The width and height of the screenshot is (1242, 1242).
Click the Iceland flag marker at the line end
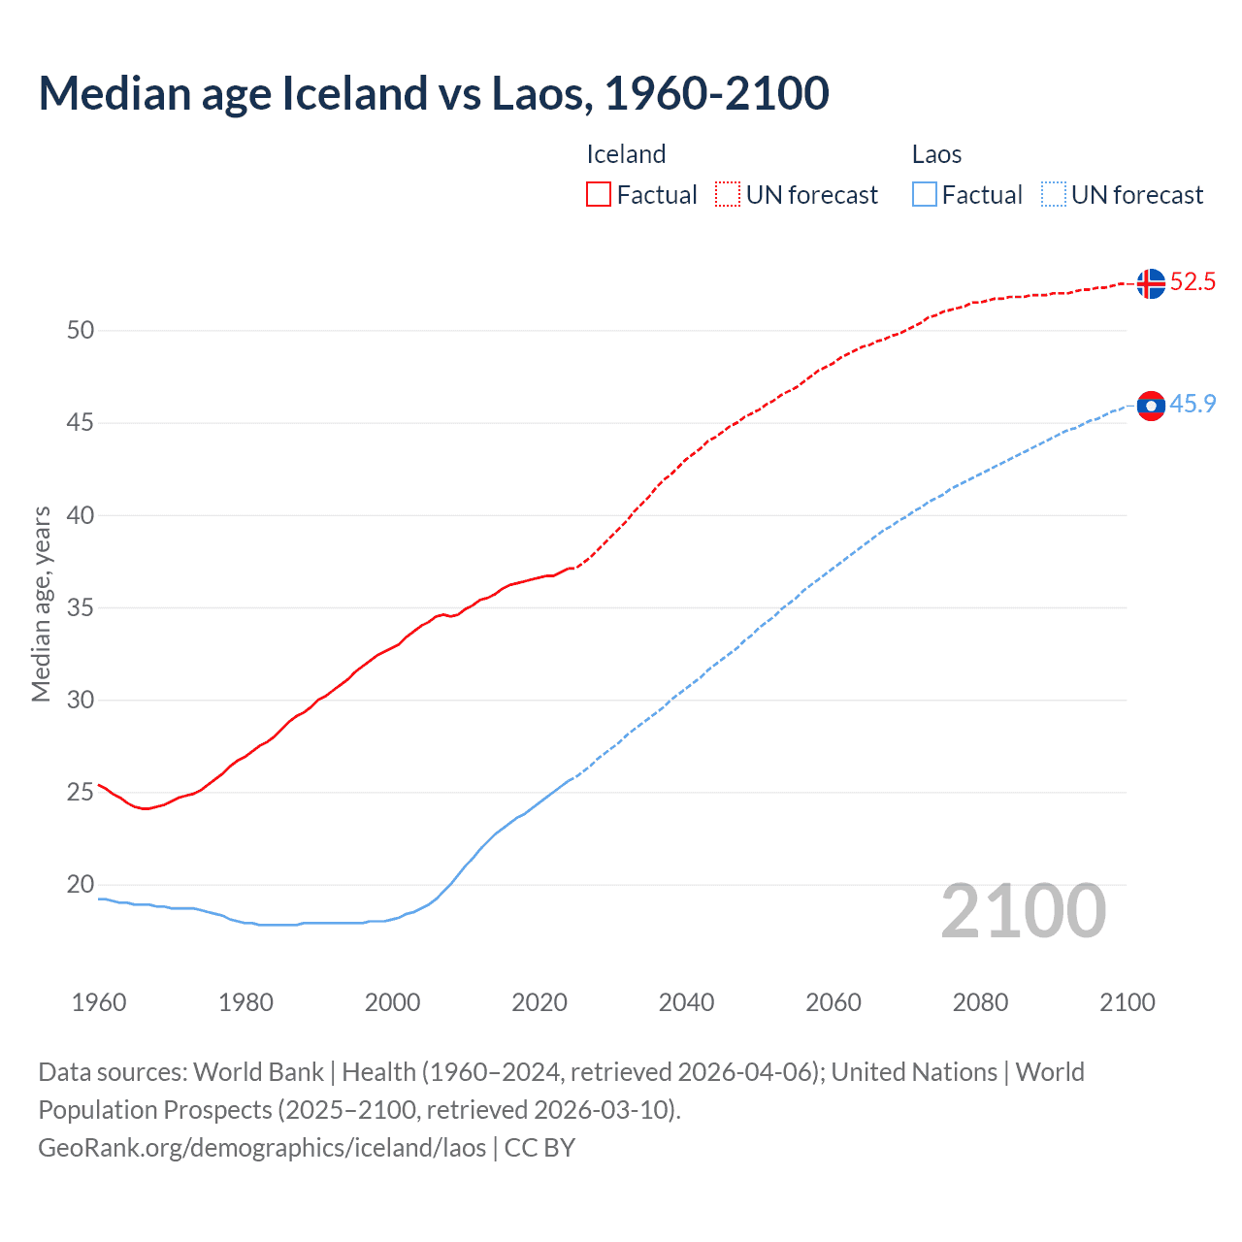(x=1151, y=283)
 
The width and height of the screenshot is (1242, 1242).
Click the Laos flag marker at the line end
(x=1151, y=406)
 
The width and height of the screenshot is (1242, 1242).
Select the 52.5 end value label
(x=1193, y=282)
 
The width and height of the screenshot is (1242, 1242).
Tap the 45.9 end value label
(x=1193, y=405)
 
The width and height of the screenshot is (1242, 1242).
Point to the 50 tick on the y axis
(x=81, y=330)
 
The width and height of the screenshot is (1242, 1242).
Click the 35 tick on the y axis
(x=81, y=607)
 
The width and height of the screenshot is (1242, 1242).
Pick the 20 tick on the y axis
(x=81, y=884)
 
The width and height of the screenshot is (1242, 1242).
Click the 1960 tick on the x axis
(x=99, y=1002)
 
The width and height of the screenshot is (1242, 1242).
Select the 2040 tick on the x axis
(x=686, y=1002)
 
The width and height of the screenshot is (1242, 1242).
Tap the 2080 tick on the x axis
(x=980, y=1002)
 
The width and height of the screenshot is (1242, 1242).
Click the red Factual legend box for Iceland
(x=599, y=194)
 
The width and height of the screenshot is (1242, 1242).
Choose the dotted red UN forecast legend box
(x=728, y=194)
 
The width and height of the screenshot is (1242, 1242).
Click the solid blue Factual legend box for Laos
(x=925, y=194)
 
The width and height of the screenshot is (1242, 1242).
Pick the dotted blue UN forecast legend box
(x=1053, y=194)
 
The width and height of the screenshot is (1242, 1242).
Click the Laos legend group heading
(x=936, y=154)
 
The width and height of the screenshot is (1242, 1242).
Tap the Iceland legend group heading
(x=626, y=154)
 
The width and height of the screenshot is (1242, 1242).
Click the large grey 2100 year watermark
(x=1023, y=911)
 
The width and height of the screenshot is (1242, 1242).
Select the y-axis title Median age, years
(x=41, y=604)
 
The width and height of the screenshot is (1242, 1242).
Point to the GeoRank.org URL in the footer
(x=262, y=1147)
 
